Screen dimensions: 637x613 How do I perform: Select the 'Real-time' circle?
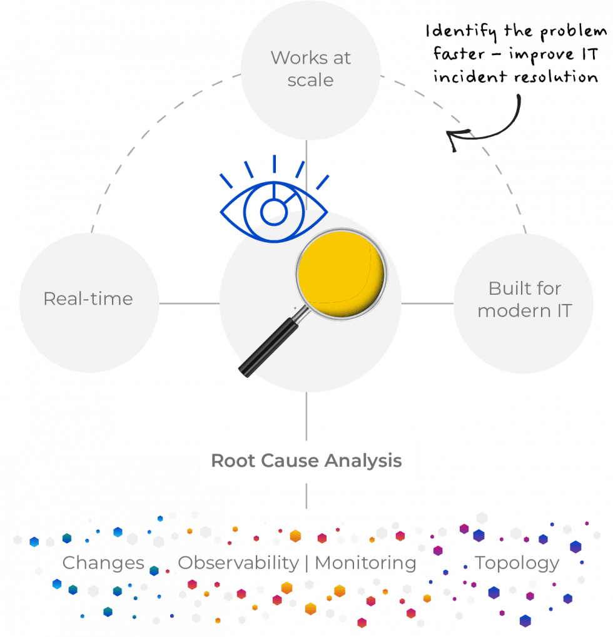click(x=88, y=301)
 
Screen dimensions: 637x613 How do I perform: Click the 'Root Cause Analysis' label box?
click(x=308, y=462)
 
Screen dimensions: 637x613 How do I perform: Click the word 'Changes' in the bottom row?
click(x=104, y=563)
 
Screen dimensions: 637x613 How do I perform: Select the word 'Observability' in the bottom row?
click(x=238, y=563)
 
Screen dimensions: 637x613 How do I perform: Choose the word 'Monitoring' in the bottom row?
click(x=365, y=563)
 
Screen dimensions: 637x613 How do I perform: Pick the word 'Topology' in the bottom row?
click(x=517, y=563)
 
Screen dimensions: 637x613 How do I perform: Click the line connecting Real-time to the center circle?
click(x=189, y=303)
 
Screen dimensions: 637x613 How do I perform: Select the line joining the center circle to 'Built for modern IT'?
click(x=428, y=303)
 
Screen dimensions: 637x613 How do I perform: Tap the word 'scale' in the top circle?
click(x=310, y=81)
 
